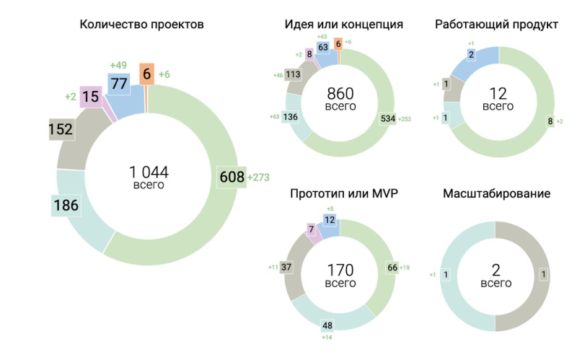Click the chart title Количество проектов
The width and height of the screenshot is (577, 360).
(141, 25)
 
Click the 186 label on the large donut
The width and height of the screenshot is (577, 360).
(66, 206)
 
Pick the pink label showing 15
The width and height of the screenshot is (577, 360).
(91, 97)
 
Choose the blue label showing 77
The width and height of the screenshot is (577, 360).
(118, 84)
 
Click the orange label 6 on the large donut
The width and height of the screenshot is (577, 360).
(146, 74)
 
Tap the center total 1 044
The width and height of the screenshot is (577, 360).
(149, 172)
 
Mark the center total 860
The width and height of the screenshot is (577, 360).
(340, 94)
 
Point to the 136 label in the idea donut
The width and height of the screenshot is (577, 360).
(293, 117)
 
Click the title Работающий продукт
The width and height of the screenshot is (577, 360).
(497, 25)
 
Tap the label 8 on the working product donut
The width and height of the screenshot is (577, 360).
(550, 121)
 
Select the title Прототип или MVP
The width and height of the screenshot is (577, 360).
(343, 194)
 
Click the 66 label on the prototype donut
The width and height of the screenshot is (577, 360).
(393, 268)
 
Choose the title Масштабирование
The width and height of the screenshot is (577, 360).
(497, 194)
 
